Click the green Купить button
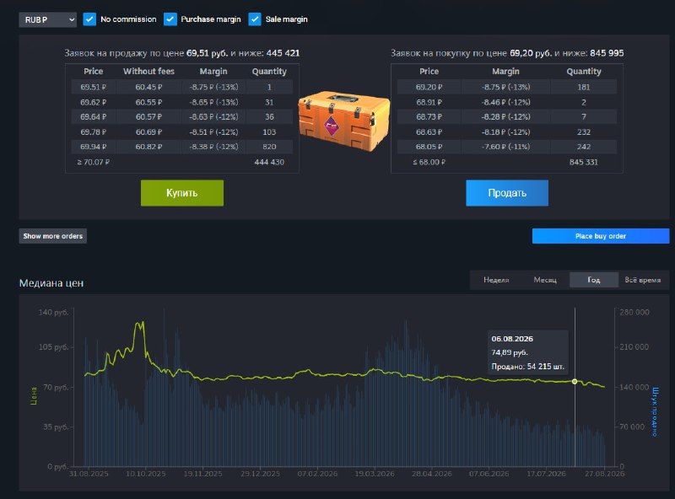click(x=182, y=193)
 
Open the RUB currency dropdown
click(x=48, y=19)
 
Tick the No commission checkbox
click(x=89, y=19)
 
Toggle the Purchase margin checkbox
click(x=170, y=19)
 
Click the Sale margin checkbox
click(x=255, y=19)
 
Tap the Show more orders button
click(x=52, y=236)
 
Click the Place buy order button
click(x=601, y=236)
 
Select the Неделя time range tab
click(x=496, y=280)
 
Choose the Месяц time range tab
click(x=545, y=280)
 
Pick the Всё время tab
click(x=643, y=280)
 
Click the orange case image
click(x=344, y=120)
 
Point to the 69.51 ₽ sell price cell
click(x=94, y=87)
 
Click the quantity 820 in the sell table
click(x=269, y=147)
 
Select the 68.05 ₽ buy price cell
click(x=429, y=147)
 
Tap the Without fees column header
click(x=149, y=72)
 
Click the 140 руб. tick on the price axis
click(x=53, y=313)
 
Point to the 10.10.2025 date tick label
click(x=145, y=474)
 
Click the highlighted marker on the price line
click(x=575, y=382)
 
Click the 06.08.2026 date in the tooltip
click(x=512, y=339)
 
